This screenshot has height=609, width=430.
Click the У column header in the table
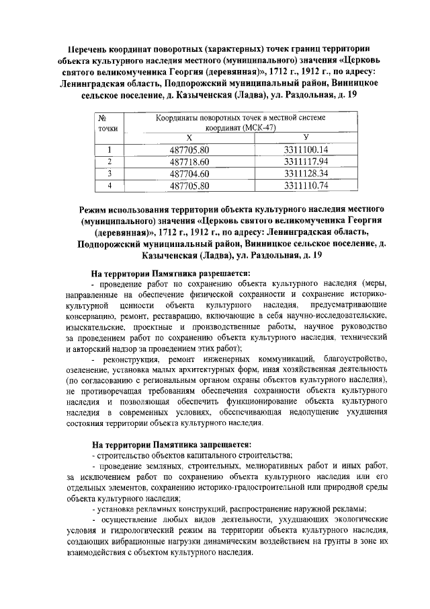(x=305, y=137)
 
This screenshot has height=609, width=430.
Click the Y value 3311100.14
(x=306, y=149)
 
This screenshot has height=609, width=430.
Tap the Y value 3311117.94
(x=306, y=162)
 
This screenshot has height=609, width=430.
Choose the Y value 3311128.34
(x=306, y=173)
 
